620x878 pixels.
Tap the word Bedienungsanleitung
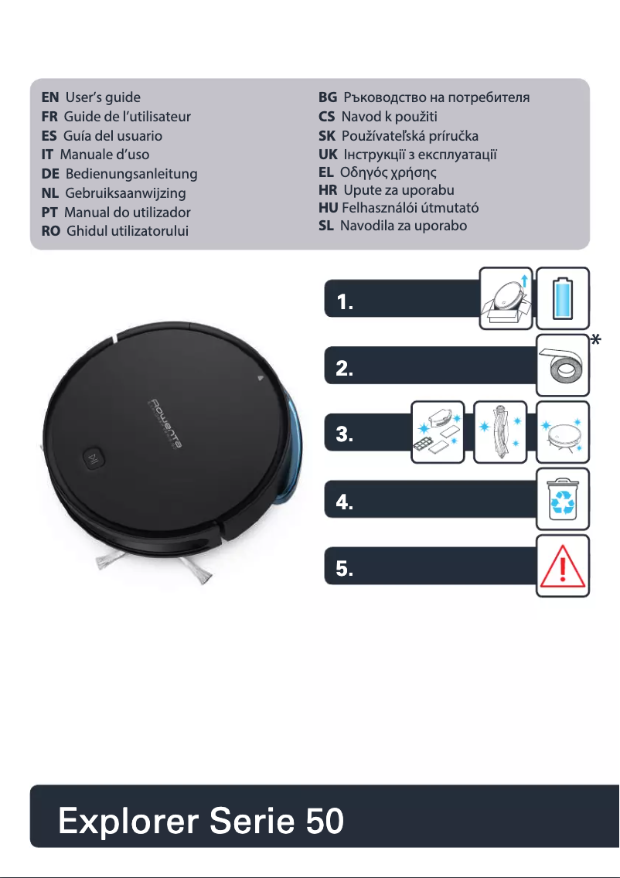(131, 174)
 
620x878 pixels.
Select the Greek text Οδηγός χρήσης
(390, 171)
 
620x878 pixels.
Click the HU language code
(329, 208)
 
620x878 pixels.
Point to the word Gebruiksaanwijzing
(126, 193)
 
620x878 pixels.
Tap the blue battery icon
(563, 298)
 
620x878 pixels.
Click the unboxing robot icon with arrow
(506, 298)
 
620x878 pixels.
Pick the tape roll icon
(563, 365)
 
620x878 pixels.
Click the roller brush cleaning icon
(499, 432)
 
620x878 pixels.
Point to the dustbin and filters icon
(437, 432)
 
